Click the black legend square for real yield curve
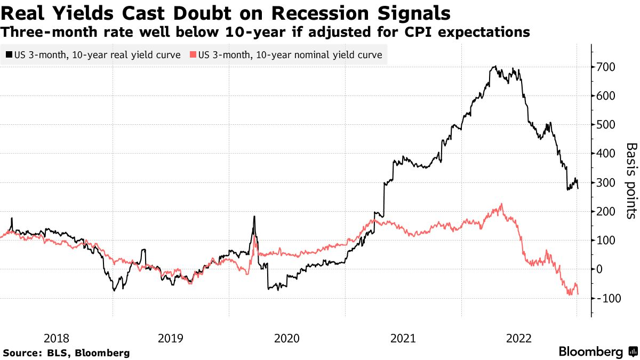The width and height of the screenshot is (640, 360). coord(9,55)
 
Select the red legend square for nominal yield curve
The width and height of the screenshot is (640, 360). coord(193,55)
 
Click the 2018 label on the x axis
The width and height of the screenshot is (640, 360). coord(56,338)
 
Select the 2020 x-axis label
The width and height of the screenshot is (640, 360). coord(287,338)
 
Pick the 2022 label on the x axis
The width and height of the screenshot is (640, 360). coord(518,338)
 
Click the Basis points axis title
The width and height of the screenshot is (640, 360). coord(630,180)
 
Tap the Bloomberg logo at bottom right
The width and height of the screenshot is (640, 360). coord(597,351)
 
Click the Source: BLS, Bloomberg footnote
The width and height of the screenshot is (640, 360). coord(67,353)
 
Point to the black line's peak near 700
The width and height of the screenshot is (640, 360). coord(495,67)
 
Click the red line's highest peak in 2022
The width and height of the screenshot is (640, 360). coord(501,204)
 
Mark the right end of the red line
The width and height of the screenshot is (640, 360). coord(578,294)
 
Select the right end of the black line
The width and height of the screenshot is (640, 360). coord(578,188)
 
